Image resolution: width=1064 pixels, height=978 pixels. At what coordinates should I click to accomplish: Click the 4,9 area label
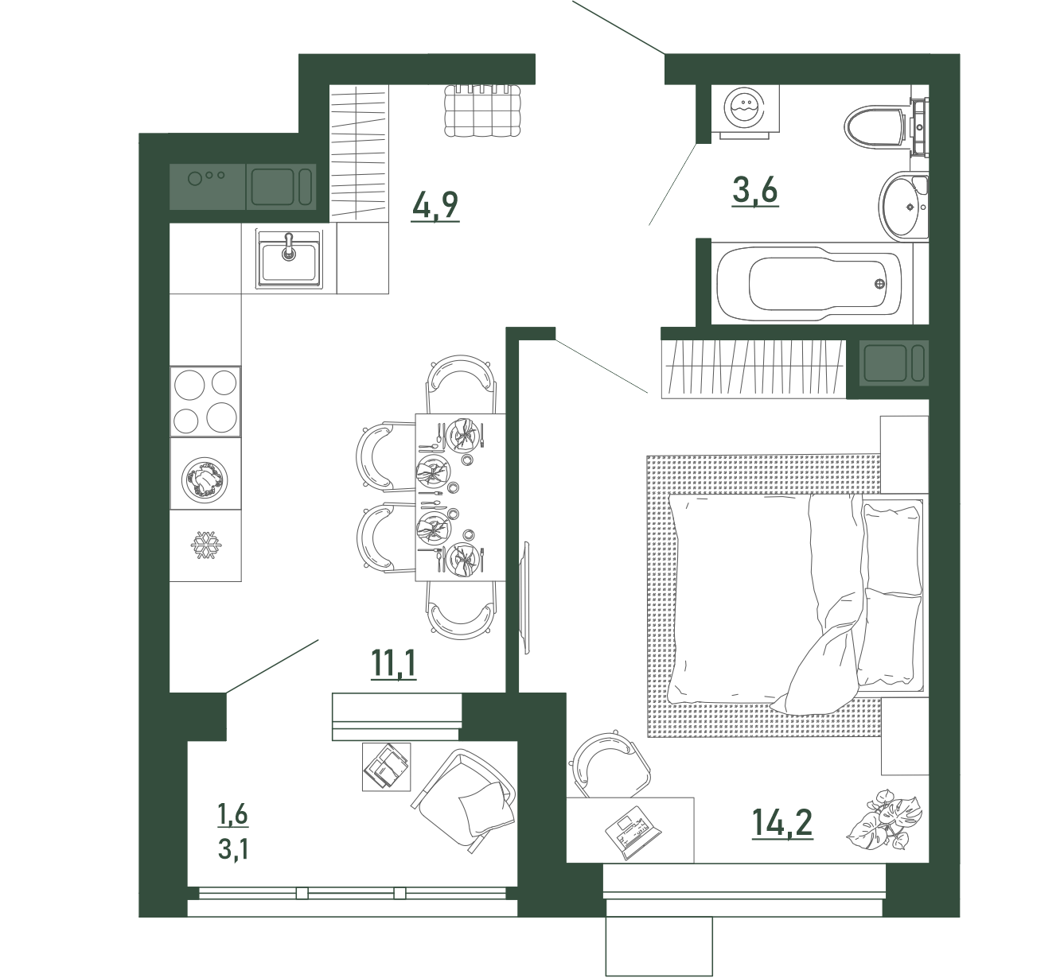[x=435, y=206]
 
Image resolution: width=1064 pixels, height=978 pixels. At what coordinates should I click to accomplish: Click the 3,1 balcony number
[x=233, y=849]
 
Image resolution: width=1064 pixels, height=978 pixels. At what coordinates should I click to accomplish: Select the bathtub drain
[x=879, y=284]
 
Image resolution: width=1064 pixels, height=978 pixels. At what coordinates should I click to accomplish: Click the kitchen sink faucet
[x=289, y=246]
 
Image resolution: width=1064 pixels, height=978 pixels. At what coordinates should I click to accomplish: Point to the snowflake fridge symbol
[x=206, y=545]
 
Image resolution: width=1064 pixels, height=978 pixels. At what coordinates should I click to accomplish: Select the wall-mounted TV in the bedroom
[x=526, y=597]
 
